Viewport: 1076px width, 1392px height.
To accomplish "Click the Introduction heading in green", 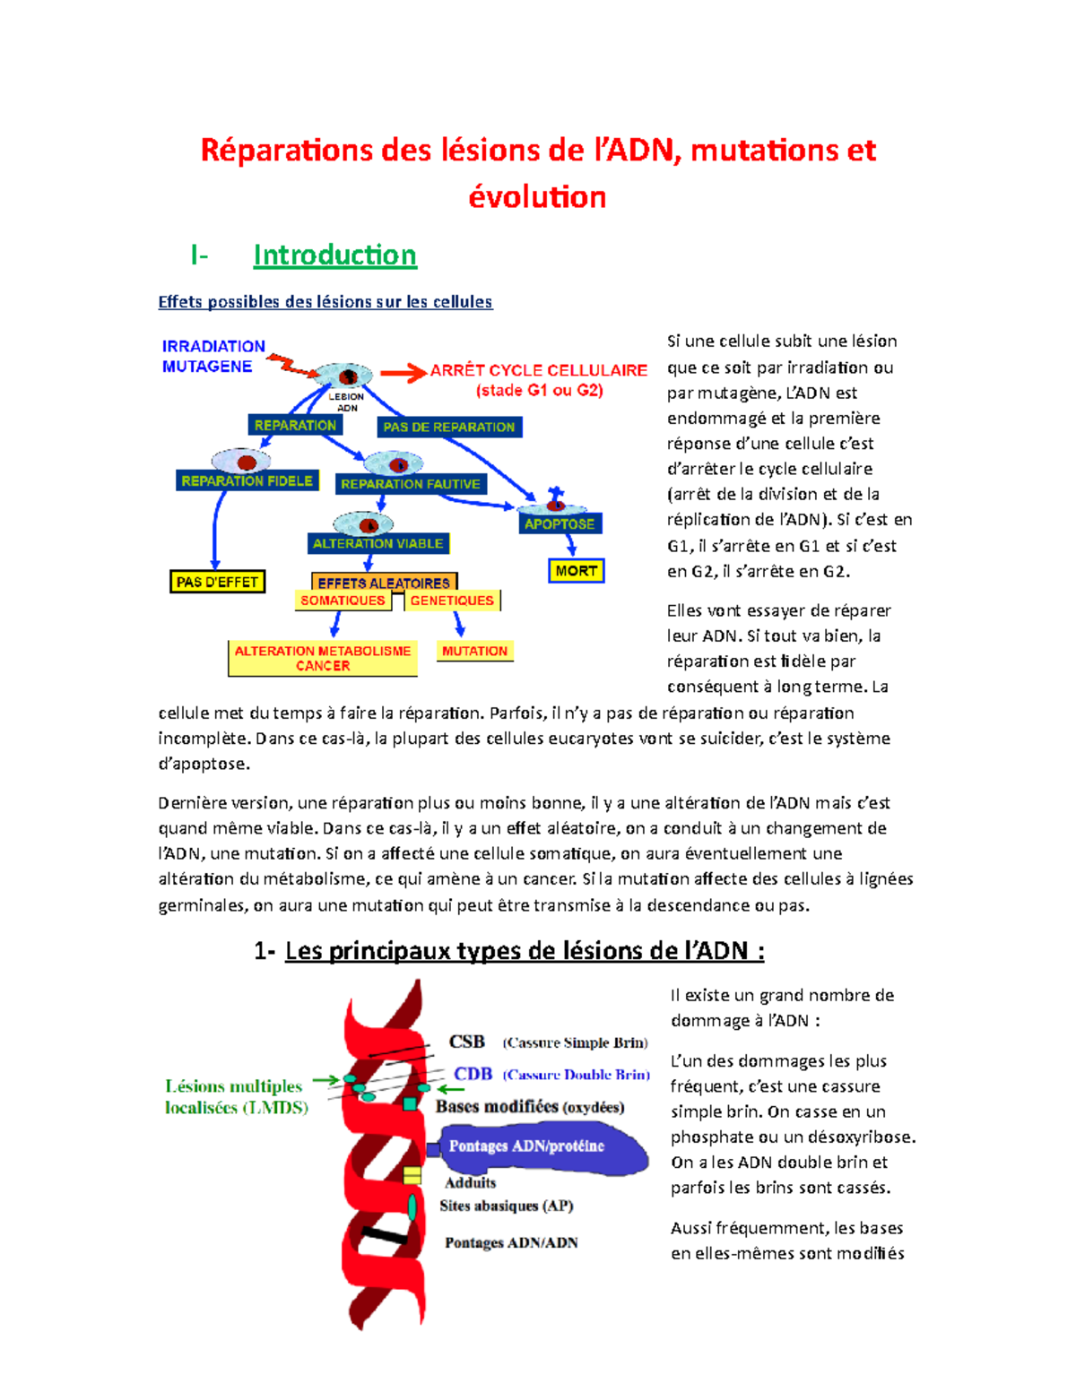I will point(334,255).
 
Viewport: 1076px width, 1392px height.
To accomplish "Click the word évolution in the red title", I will point(537,197).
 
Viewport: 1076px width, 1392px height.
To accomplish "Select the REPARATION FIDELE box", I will point(247,481).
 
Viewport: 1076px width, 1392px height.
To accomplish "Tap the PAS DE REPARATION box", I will point(449,428).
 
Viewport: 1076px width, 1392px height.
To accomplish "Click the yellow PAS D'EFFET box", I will point(217,582).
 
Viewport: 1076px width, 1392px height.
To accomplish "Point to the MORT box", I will point(576,571).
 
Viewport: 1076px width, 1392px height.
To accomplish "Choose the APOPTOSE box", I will point(560,523).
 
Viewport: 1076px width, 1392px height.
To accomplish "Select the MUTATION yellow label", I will point(474,652).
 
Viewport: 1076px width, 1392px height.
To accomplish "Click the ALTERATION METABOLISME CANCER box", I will point(323,659).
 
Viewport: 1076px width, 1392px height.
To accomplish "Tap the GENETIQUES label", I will point(452,601).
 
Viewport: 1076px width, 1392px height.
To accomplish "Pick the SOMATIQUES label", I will point(343,601).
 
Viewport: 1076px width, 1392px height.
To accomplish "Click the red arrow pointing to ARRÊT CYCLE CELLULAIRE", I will point(403,373).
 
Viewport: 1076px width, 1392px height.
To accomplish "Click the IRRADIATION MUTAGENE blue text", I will point(213,356).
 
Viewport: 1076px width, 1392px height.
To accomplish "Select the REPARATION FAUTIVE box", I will point(411,484).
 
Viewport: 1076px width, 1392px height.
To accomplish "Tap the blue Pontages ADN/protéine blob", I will point(538,1148).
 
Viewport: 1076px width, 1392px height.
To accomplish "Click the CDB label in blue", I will point(473,1074).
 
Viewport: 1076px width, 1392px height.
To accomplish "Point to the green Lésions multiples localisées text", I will point(236,1097).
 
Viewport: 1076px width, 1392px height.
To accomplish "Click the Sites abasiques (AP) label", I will point(507,1206).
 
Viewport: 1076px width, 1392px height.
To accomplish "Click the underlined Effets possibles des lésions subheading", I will point(325,302).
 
